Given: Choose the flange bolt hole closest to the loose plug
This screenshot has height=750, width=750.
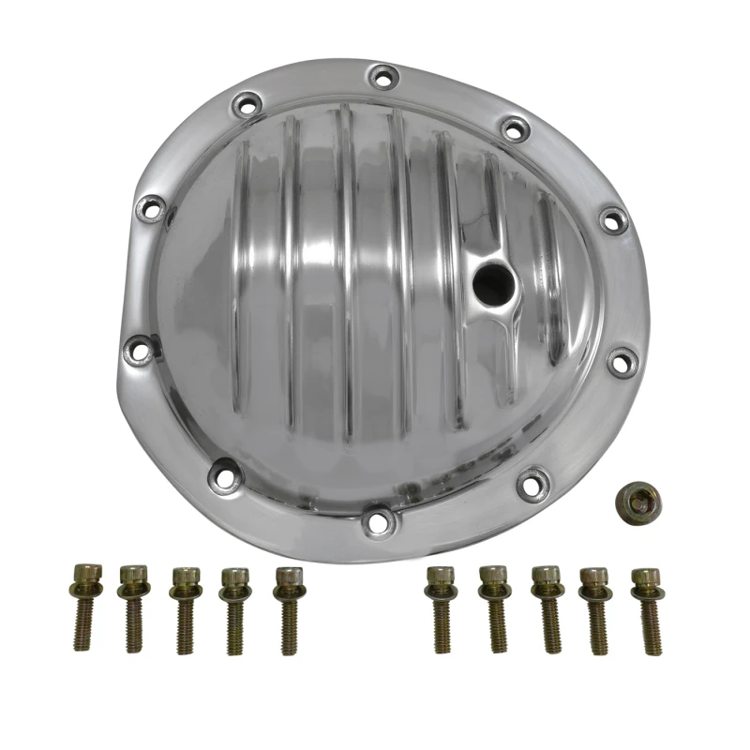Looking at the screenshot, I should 531,483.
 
